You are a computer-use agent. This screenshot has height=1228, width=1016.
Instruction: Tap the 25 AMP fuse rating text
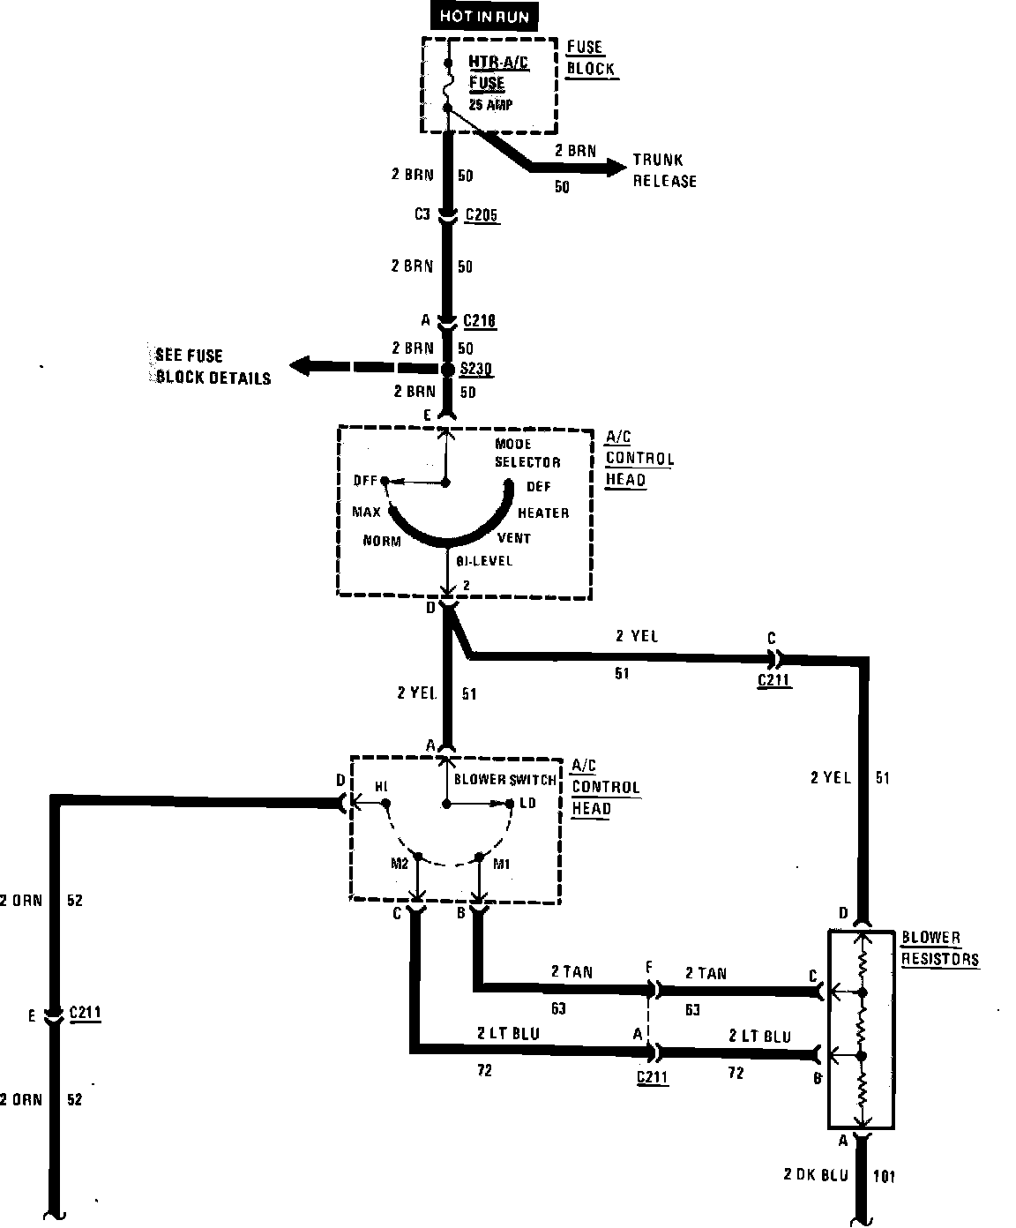pos(489,105)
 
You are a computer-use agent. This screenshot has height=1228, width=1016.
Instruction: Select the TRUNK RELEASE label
pos(664,171)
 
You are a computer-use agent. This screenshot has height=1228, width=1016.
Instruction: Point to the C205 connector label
pos(482,215)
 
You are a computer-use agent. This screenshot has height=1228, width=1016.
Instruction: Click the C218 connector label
pos(481,321)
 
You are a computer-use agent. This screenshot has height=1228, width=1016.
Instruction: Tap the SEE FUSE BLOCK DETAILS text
pos(213,367)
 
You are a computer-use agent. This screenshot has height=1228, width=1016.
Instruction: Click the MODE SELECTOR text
pos(527,453)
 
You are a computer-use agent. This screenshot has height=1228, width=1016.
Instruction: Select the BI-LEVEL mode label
pos(483,561)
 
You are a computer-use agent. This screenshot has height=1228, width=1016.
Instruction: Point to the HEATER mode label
pos(543,513)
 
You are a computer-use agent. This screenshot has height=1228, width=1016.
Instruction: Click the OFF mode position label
pos(365,481)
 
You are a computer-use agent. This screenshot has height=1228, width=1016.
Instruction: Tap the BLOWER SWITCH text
pos(505,780)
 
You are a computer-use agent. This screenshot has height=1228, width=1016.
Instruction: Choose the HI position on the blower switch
pos(381,785)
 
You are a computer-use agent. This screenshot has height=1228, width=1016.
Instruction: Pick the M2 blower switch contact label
pos(400,865)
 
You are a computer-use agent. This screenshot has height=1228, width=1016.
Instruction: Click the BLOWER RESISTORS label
pos(939,948)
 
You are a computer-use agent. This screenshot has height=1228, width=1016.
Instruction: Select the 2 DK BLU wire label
pos(816,1175)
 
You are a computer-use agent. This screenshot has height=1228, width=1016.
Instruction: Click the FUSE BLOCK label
pos(589,58)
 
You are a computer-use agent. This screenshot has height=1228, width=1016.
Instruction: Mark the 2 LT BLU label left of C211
pos(508,1033)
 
